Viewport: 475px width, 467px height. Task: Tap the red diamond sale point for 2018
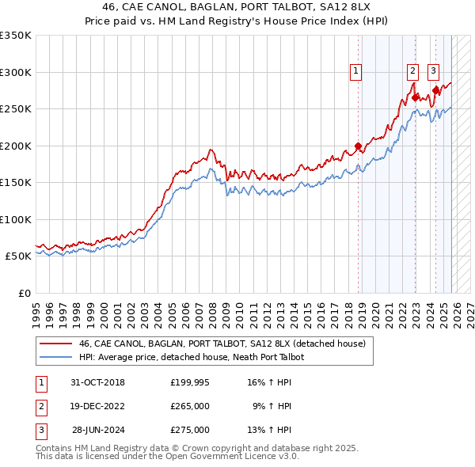coord(358,146)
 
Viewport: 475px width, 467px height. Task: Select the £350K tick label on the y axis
coord(16,36)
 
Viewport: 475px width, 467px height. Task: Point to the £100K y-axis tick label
coord(16,219)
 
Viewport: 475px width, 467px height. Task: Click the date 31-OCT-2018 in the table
coord(97,382)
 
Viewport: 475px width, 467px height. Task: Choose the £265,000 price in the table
coord(190,406)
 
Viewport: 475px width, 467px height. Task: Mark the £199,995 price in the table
coord(190,382)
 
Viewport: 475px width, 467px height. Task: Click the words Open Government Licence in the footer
coord(236,457)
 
